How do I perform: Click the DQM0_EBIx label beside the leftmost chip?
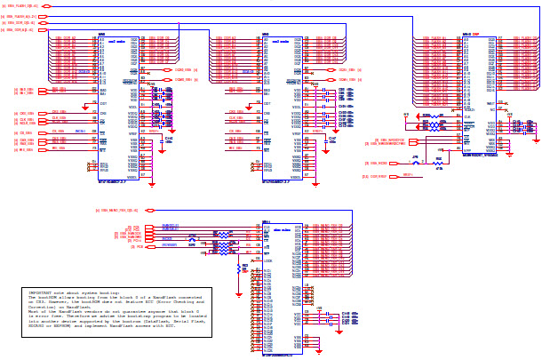185,69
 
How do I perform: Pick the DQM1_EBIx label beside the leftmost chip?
185,79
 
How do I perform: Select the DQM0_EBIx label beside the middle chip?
348,69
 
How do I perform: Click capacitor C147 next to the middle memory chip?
331,140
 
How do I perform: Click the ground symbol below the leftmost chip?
152,183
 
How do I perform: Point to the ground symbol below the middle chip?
315,183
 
